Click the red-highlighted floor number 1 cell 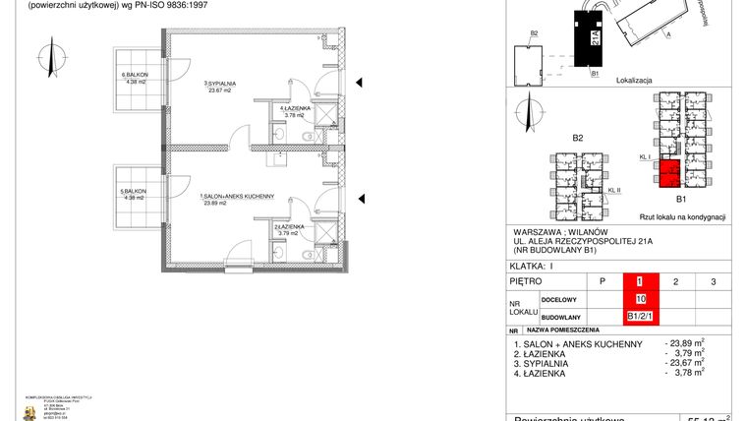click(641, 282)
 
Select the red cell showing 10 click(641, 299)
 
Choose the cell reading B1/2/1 click(641, 316)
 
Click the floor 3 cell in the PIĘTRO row click(713, 282)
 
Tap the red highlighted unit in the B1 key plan click(669, 173)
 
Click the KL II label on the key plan click(614, 190)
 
